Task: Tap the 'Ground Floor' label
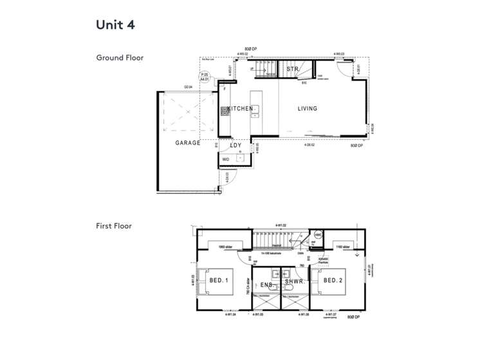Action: coord(120,58)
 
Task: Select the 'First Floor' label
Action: coord(114,226)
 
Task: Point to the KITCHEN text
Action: coord(240,109)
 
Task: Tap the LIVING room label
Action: coord(307,109)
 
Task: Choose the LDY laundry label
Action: coord(236,146)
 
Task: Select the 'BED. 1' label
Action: coord(219,280)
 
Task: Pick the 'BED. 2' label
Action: coord(333,280)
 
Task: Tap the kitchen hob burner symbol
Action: coord(225,111)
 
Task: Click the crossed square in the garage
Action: coord(187,115)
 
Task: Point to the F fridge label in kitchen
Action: coord(225,90)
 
